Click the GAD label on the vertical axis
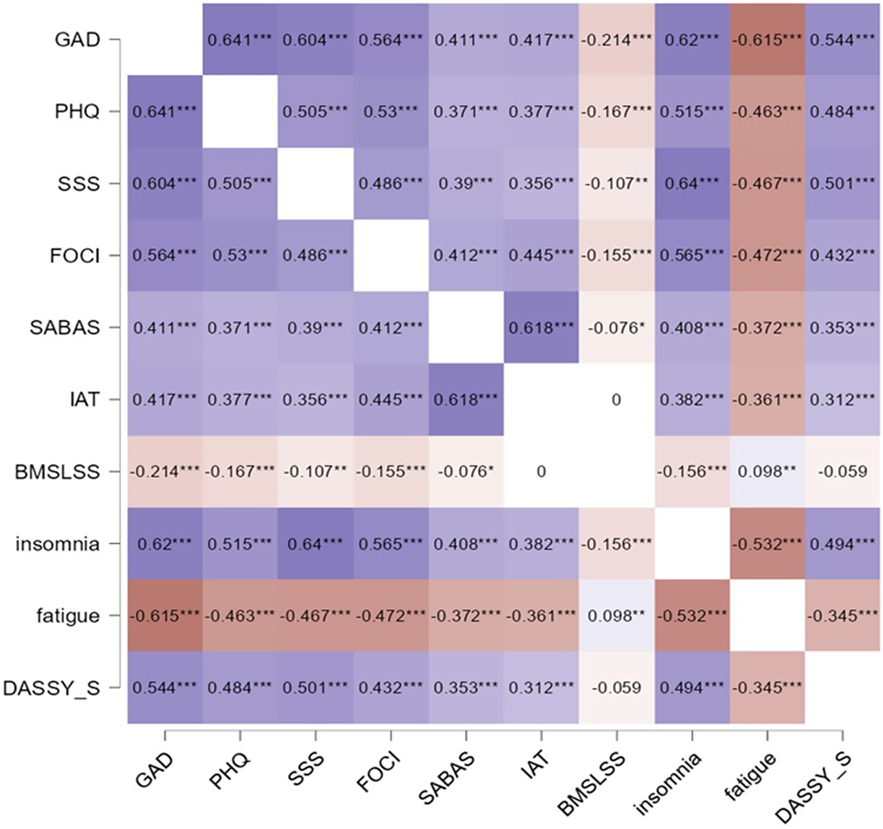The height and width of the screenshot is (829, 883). pyautogui.click(x=77, y=40)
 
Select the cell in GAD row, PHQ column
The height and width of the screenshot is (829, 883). pyautogui.click(x=239, y=40)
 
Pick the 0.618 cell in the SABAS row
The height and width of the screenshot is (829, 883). pyautogui.click(x=541, y=328)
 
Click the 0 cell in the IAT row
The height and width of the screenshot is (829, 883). pyautogui.click(x=616, y=400)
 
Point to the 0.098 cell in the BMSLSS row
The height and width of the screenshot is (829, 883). pyautogui.click(x=767, y=472)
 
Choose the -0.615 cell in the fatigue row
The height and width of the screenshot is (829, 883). pyautogui.click(x=164, y=616)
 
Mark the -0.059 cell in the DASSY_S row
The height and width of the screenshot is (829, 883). pyautogui.click(x=616, y=688)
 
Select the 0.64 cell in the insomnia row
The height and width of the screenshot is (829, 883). pyautogui.click(x=314, y=544)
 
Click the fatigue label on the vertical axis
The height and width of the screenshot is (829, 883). pyautogui.click(x=68, y=616)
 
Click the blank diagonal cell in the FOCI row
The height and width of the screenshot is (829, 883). pyautogui.click(x=390, y=256)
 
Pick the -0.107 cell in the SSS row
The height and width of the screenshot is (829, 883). pyautogui.click(x=616, y=183)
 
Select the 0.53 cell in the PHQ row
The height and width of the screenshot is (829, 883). pyautogui.click(x=390, y=112)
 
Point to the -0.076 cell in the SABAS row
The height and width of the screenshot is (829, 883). pyautogui.click(x=616, y=328)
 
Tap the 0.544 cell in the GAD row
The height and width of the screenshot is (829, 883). pyautogui.click(x=842, y=40)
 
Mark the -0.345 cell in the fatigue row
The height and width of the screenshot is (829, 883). pyautogui.click(x=842, y=616)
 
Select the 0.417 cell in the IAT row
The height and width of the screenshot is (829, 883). pyautogui.click(x=164, y=400)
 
